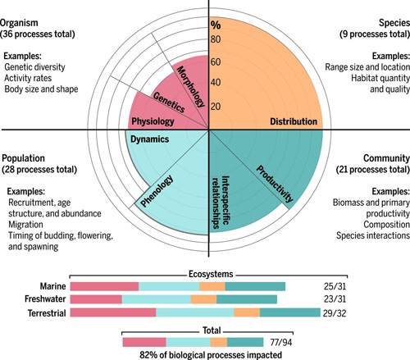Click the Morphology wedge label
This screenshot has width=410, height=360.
[191, 86]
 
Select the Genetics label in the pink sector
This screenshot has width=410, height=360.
[169, 103]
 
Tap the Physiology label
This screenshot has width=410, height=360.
[153, 121]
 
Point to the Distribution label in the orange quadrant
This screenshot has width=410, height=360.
[294, 121]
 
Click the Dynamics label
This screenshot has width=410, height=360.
[149, 139]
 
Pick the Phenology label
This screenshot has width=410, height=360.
[157, 190]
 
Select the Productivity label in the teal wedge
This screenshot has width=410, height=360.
[275, 184]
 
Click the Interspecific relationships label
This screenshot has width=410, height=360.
[221, 202]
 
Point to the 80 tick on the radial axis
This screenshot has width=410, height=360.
[216, 39]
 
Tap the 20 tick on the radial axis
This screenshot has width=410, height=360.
[216, 107]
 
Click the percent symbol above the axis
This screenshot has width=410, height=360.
[216, 25]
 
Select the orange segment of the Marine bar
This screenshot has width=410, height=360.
[212, 286]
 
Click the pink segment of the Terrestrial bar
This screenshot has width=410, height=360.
[113, 312]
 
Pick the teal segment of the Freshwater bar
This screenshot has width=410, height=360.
[247, 299]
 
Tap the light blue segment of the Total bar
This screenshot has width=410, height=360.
[189, 342]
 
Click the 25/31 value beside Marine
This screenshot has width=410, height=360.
[335, 286]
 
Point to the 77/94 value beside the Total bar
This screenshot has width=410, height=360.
[281, 342]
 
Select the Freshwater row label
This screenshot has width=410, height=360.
[45, 298]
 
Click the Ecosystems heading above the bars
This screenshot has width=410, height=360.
[211, 274]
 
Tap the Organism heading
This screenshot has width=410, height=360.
[19, 23]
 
